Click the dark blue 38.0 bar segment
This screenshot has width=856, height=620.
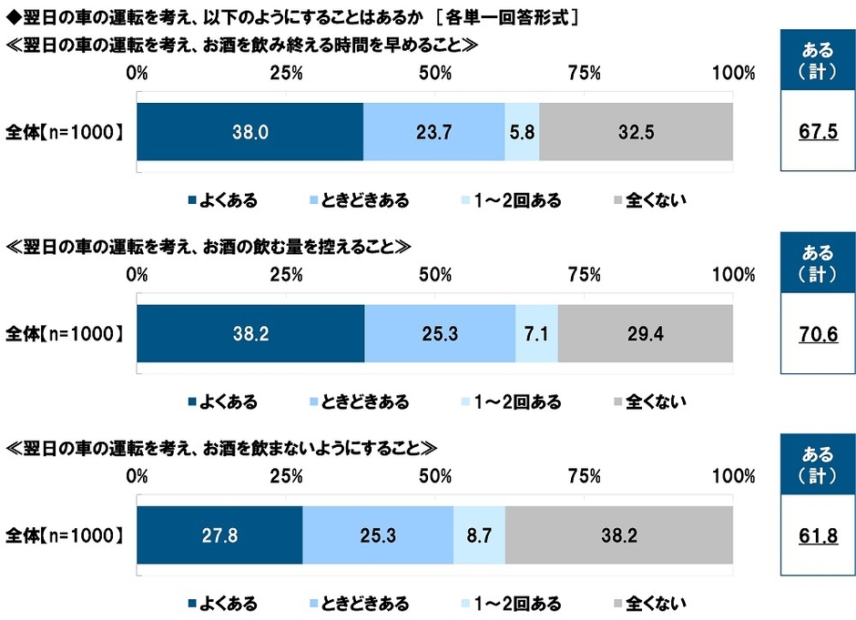250,132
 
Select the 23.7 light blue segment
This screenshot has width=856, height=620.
434,132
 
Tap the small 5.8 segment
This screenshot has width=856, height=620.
522,132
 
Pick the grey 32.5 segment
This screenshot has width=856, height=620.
636,132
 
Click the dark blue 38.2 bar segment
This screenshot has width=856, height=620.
250,334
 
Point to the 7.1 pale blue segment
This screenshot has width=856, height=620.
536,334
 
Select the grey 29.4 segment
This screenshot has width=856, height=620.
645,334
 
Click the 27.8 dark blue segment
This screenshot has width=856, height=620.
219,535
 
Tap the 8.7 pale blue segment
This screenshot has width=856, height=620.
479,535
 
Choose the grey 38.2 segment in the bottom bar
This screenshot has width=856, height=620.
618,535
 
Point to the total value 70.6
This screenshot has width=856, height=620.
817,335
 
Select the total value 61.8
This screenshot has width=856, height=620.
817,537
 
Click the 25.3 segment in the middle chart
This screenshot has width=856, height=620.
440,334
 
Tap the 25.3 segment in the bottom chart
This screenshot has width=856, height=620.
378,535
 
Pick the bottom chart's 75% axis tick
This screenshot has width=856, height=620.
584,476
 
